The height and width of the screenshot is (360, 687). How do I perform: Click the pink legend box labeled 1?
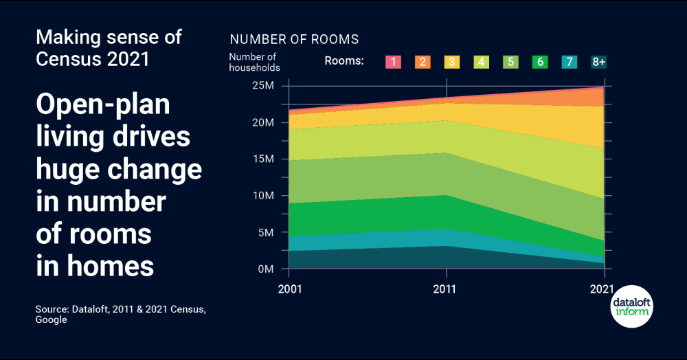[x=392, y=62]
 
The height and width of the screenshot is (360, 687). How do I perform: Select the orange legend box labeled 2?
[x=422, y=62]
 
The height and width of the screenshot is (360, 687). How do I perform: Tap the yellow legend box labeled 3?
[x=451, y=62]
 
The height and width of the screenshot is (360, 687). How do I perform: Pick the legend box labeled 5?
[x=510, y=62]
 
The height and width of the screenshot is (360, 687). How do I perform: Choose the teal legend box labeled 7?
[x=570, y=62]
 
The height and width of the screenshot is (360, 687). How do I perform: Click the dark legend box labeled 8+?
[x=599, y=62]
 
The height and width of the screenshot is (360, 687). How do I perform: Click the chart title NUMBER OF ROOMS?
[x=294, y=39]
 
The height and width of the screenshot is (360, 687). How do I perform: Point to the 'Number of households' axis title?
[x=254, y=62]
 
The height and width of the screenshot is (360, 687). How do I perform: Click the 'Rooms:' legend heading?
[x=344, y=61]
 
